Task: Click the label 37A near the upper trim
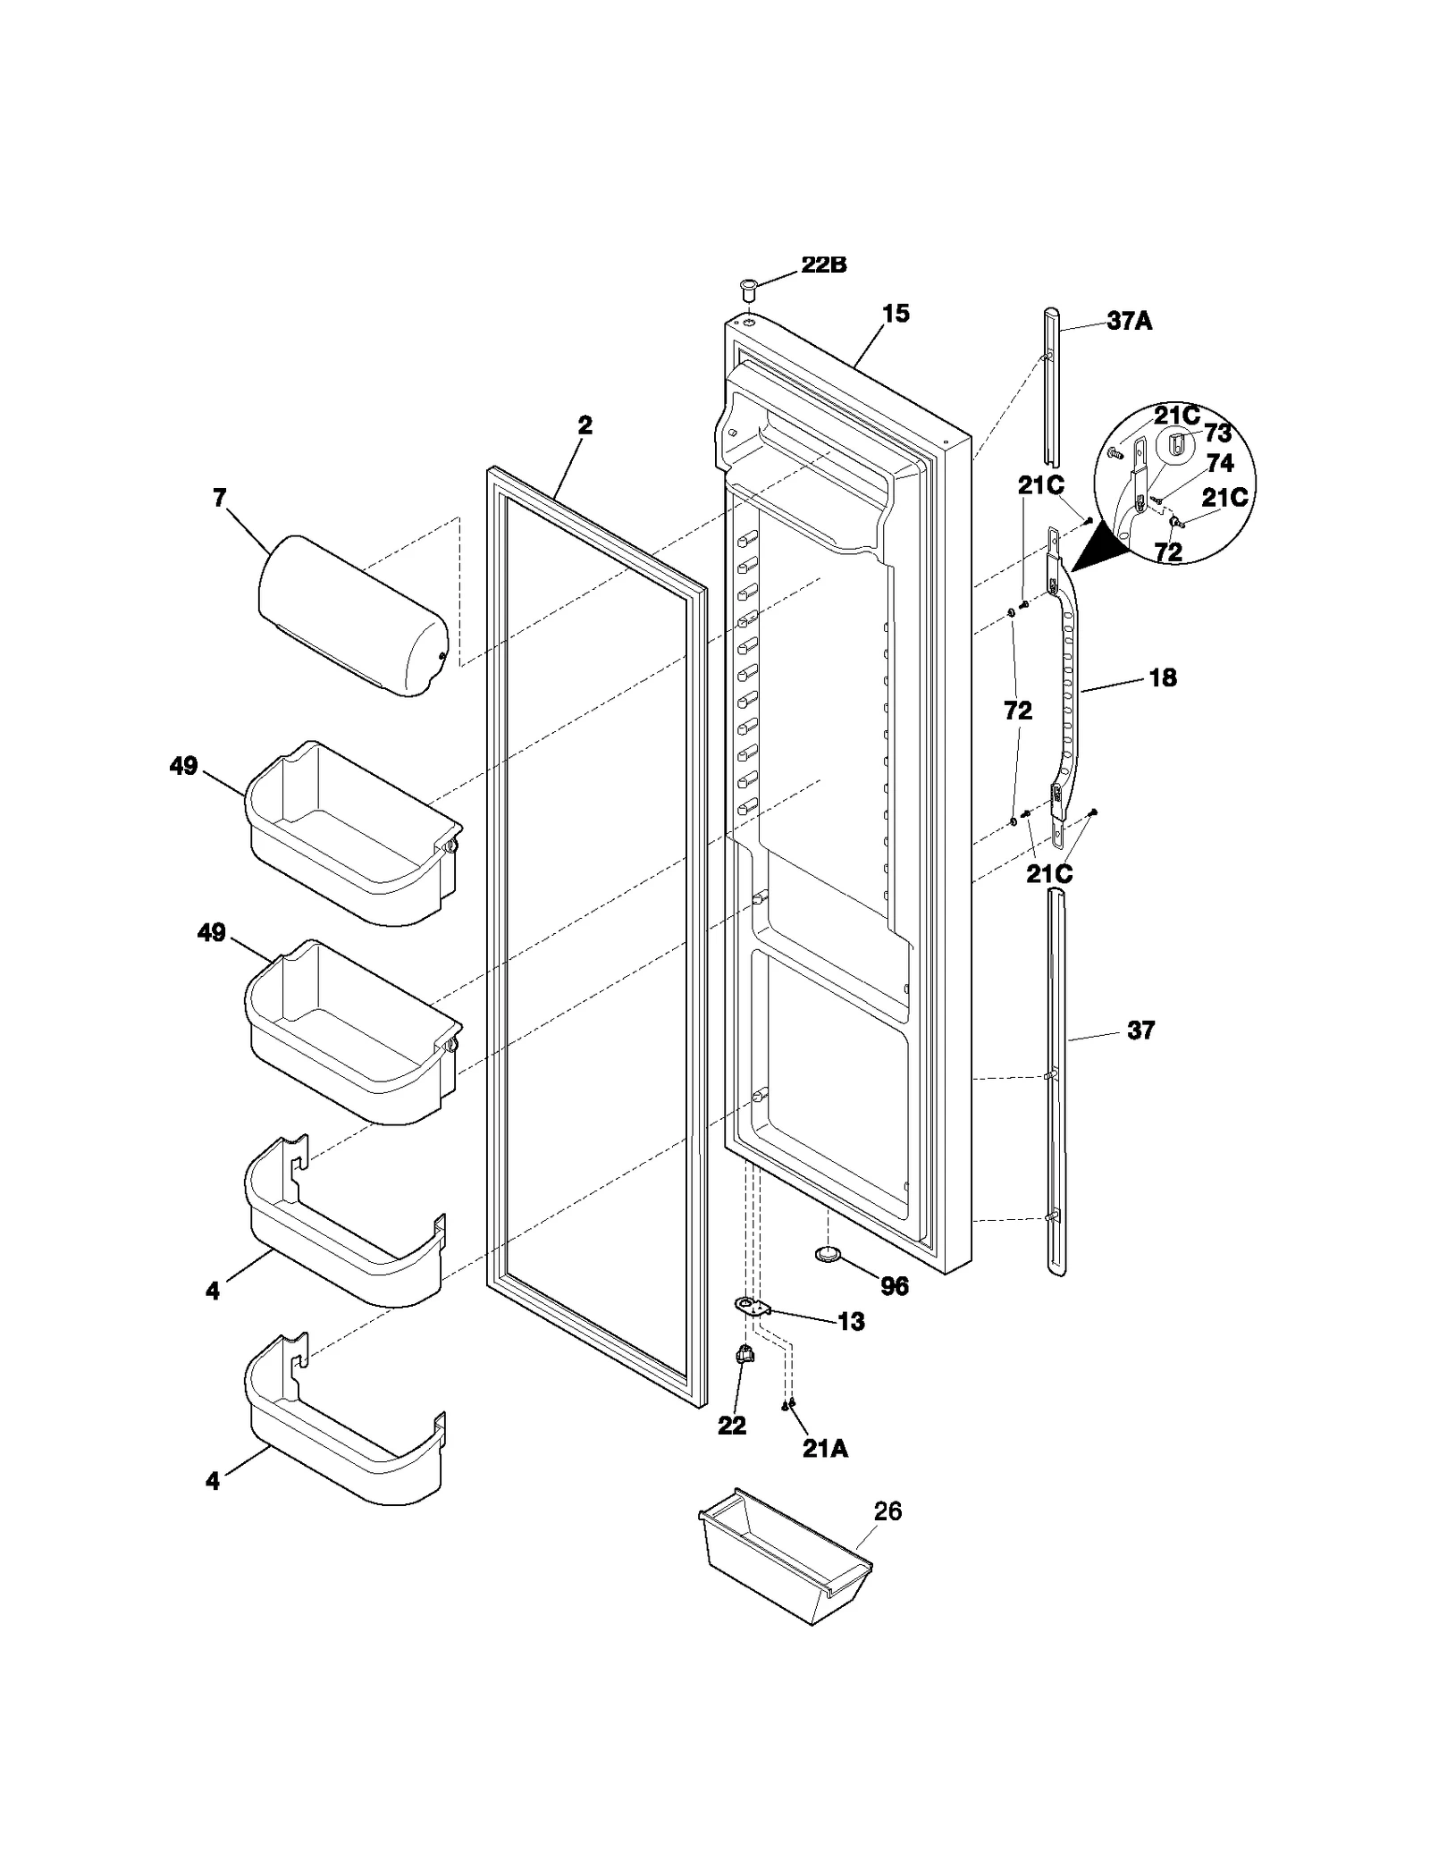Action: [1129, 321]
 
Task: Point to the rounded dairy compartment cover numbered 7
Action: [353, 615]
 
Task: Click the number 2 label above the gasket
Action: [585, 425]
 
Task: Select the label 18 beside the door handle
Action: [1162, 677]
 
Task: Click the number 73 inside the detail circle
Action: [1217, 433]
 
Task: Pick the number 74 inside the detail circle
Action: [1219, 463]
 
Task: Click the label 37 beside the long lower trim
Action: [1140, 1031]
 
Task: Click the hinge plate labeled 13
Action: [753, 1308]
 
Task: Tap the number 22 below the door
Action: [731, 1426]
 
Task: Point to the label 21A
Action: [824, 1449]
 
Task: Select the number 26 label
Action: [887, 1511]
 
